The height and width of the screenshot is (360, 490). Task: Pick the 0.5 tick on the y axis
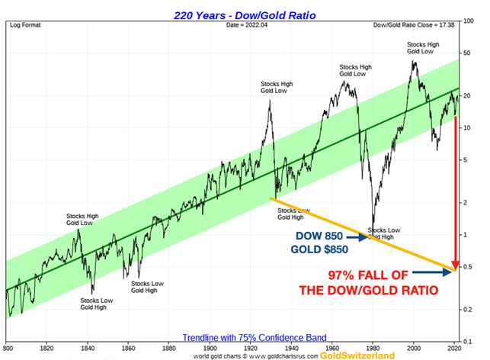point(467,267)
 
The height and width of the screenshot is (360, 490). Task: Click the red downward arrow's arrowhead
point(455,263)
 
